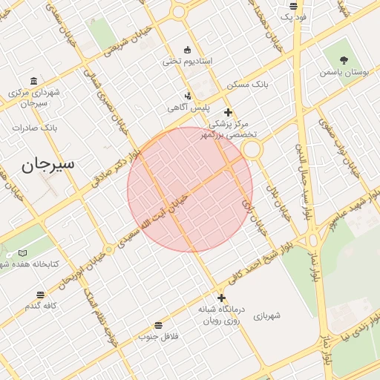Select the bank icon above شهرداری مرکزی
click(33, 81)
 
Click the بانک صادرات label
click(35, 128)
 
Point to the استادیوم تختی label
click(188, 60)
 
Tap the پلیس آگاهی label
click(188, 108)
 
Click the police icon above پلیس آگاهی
click(188, 96)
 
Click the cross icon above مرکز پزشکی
click(228, 112)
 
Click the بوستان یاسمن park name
click(344, 73)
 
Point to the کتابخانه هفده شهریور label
click(30, 264)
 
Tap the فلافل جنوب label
click(158, 337)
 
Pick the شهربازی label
click(267, 315)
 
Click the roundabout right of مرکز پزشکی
click(252, 150)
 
